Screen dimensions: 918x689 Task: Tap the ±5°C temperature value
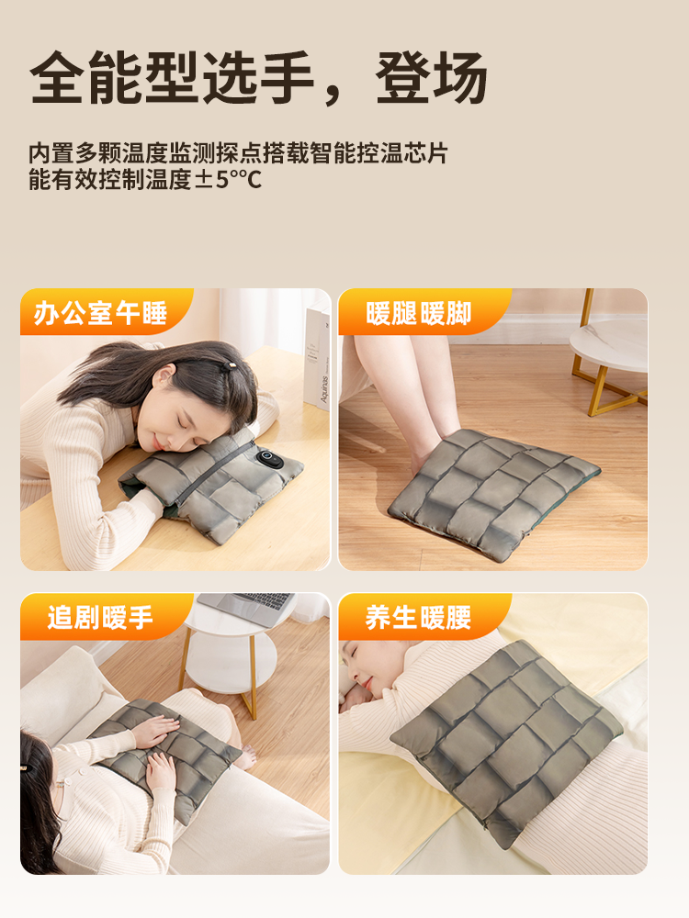228,179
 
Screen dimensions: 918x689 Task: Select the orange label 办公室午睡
100,314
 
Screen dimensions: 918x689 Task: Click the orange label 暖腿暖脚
418,314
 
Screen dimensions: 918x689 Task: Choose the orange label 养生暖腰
418,618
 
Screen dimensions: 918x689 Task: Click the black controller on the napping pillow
269,458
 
